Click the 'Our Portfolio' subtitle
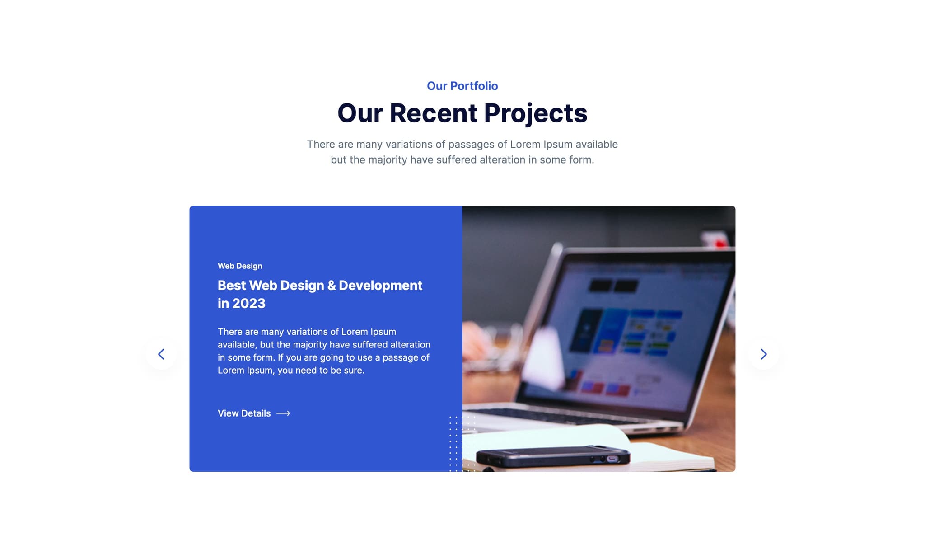[462, 86]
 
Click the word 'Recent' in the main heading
[433, 113]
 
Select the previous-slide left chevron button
[161, 354]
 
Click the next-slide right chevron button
[763, 354]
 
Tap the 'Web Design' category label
[240, 266]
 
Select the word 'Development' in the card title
[380, 286]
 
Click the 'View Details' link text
[244, 413]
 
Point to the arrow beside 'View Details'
[283, 413]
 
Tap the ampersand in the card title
[332, 286]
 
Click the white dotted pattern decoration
[462, 443]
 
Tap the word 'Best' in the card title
[232, 286]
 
